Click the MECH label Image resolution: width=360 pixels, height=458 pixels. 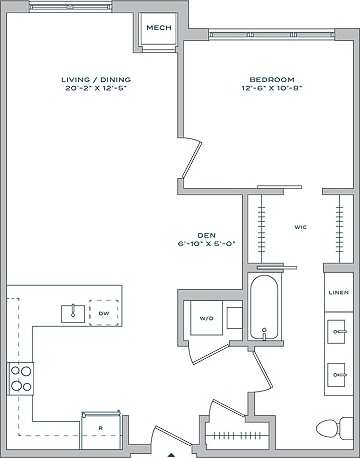(x=157, y=28)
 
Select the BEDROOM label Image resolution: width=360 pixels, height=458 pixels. (x=271, y=80)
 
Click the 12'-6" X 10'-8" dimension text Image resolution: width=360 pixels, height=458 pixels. (x=271, y=89)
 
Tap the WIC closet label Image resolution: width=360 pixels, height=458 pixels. (x=299, y=228)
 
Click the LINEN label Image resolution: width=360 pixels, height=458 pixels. (x=339, y=293)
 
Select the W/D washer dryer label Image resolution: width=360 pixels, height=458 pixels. (x=207, y=319)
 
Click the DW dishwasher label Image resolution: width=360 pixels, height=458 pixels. (x=103, y=313)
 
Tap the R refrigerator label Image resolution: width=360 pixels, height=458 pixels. (x=100, y=428)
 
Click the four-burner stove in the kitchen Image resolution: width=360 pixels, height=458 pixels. (x=21, y=378)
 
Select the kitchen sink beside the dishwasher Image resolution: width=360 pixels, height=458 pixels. (x=72, y=313)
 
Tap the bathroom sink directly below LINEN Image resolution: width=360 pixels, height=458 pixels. (x=338, y=328)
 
